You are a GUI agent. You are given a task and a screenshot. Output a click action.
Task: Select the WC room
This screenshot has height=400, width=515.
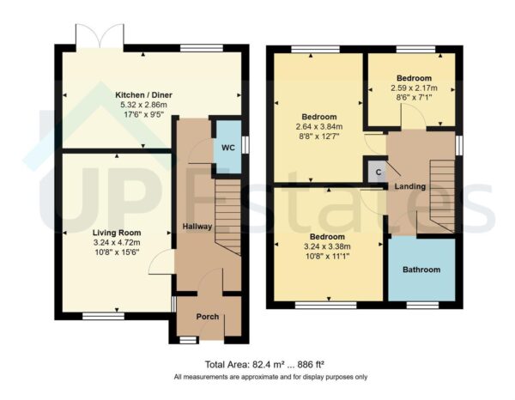[x=227, y=148]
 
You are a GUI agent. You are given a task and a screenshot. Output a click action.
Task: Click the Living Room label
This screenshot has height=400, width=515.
[x=117, y=233]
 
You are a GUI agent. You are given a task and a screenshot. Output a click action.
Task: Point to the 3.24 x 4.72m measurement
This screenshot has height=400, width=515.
[x=117, y=243]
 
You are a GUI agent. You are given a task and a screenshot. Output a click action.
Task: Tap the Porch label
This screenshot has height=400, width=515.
[x=198, y=316]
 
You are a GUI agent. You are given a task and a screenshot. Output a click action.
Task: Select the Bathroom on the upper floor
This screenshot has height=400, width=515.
[x=421, y=270]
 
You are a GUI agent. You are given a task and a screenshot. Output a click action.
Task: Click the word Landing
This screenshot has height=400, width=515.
[x=409, y=186]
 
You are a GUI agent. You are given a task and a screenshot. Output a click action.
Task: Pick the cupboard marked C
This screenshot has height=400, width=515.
[x=374, y=171]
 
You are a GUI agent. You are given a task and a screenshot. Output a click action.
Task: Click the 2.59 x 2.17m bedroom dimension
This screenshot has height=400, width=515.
[x=409, y=88]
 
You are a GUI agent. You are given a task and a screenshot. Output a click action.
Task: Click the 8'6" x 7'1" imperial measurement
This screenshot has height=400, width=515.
[x=409, y=98]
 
